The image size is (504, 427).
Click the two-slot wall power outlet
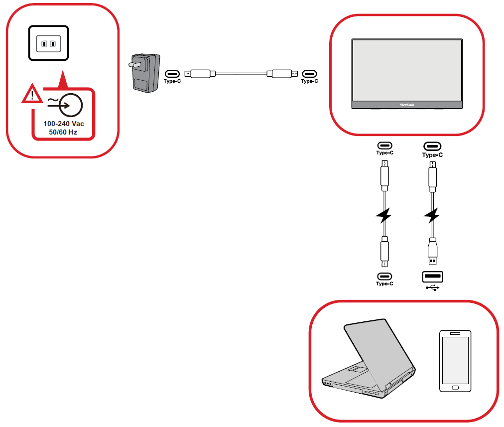point(48,44)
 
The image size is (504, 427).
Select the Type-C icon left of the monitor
point(309,73)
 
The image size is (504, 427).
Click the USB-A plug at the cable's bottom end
point(432,252)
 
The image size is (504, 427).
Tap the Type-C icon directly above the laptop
point(384,277)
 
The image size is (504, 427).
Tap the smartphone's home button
point(454,387)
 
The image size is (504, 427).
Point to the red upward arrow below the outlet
point(62,80)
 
